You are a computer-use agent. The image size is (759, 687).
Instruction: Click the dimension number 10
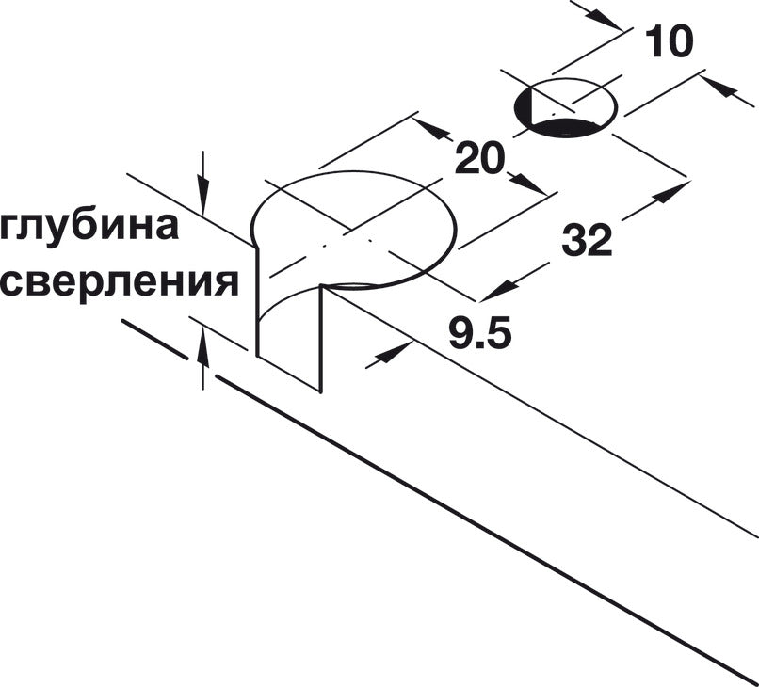(x=670, y=41)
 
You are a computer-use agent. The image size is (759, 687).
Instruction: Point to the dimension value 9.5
(x=479, y=333)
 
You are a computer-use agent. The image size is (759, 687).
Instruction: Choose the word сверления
(x=119, y=283)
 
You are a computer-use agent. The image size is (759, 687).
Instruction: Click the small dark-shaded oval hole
(x=565, y=108)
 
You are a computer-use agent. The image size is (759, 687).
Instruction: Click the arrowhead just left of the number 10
(x=603, y=20)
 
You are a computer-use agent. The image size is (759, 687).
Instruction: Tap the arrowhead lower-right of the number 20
(x=527, y=184)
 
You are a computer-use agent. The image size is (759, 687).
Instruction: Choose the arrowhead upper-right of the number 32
(x=670, y=193)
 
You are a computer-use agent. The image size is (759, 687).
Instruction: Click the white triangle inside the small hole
(x=546, y=107)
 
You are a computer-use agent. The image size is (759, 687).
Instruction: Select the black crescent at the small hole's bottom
(x=567, y=128)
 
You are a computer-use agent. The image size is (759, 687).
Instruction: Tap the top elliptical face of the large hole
(x=353, y=230)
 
